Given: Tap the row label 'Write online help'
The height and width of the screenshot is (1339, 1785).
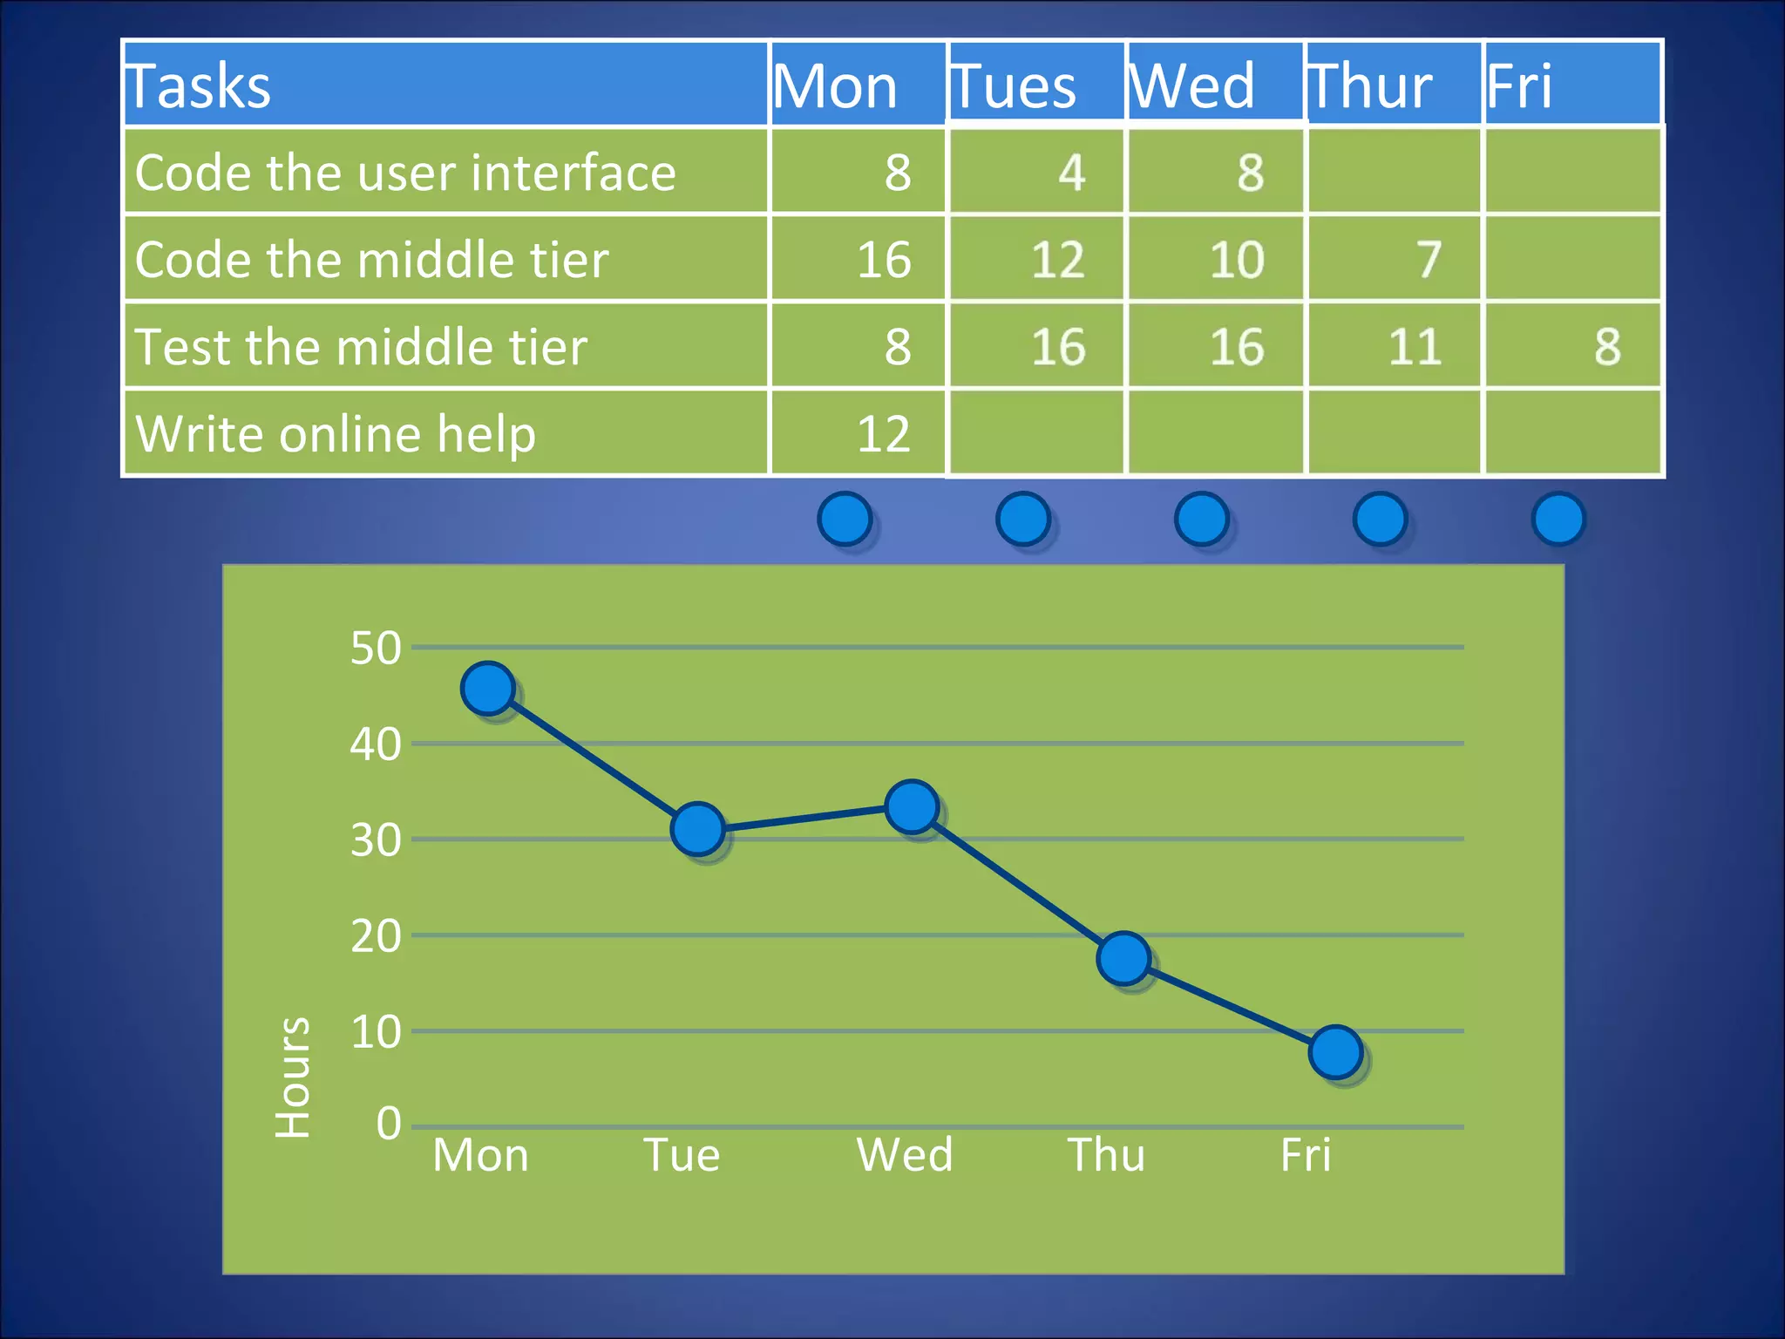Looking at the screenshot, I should (336, 433).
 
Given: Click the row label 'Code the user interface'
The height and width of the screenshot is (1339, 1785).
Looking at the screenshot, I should (406, 172).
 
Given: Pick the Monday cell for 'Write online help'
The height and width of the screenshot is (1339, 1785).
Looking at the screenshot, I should (859, 433).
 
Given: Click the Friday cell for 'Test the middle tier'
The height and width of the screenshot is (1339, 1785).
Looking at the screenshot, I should (1573, 346).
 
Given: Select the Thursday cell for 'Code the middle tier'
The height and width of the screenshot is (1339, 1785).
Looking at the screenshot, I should (1394, 259).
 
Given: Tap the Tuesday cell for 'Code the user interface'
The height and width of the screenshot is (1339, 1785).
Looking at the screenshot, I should (1036, 172).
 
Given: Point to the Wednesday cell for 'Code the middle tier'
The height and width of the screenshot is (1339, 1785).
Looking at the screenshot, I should (1216, 259).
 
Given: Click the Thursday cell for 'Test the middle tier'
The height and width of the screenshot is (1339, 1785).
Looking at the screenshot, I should (1394, 346).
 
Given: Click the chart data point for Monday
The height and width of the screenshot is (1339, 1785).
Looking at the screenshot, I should (488, 688).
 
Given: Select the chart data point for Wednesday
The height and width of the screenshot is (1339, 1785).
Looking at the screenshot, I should (912, 806).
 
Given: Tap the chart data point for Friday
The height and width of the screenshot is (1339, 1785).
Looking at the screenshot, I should (1335, 1052).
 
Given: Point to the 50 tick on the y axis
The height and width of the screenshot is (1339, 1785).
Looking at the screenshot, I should (376, 649).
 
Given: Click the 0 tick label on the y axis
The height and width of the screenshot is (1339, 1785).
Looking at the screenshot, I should (389, 1124).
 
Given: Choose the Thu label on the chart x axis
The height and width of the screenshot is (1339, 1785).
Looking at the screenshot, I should (1106, 1155).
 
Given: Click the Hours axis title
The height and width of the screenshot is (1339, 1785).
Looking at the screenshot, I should (293, 1077).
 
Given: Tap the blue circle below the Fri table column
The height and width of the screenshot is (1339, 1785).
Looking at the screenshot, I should (1558, 519).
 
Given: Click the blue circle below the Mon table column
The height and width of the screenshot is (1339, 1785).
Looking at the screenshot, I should (845, 519).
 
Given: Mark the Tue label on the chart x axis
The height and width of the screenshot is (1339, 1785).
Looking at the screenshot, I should (682, 1155).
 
